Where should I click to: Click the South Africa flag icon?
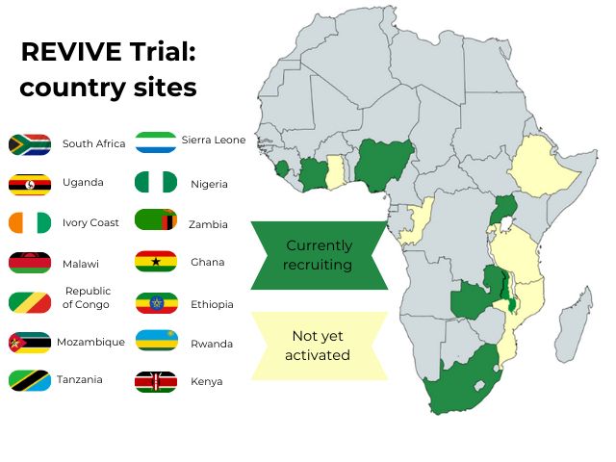point(29,144)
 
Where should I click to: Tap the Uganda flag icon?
point(29,184)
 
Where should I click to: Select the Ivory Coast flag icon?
point(29,223)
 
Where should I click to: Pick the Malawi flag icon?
point(29,263)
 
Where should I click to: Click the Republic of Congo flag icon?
point(29,302)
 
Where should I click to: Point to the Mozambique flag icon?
point(29,342)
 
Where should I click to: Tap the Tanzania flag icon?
point(29,380)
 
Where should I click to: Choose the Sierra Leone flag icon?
point(156,142)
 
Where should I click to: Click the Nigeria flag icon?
point(156,182)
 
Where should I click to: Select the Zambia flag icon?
point(156,221)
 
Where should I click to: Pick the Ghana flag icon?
point(156,262)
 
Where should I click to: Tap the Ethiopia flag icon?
point(156,303)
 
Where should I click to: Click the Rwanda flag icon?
point(156,342)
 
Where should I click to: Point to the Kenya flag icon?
point(156,381)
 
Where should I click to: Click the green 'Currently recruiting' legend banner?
point(319,255)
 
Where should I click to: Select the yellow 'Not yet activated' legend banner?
point(319,346)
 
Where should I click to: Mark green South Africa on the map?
point(457,380)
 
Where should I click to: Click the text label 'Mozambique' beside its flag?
point(90,342)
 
